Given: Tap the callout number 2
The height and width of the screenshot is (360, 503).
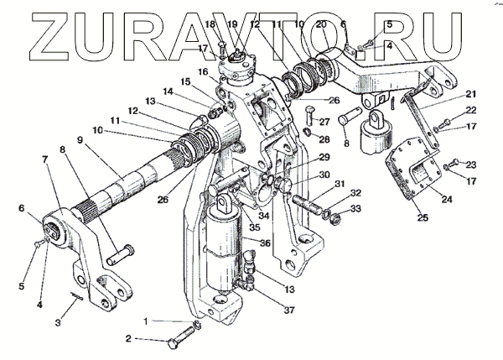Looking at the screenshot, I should point(129,339).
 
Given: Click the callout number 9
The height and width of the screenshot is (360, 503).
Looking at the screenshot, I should point(82,141).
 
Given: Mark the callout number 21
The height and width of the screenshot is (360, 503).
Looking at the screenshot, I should point(470,93).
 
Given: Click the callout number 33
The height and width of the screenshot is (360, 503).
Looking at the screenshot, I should point(356,209).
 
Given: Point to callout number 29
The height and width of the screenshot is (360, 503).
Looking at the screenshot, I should point(324,158).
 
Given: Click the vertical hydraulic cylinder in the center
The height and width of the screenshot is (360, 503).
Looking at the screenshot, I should point(226,252).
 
